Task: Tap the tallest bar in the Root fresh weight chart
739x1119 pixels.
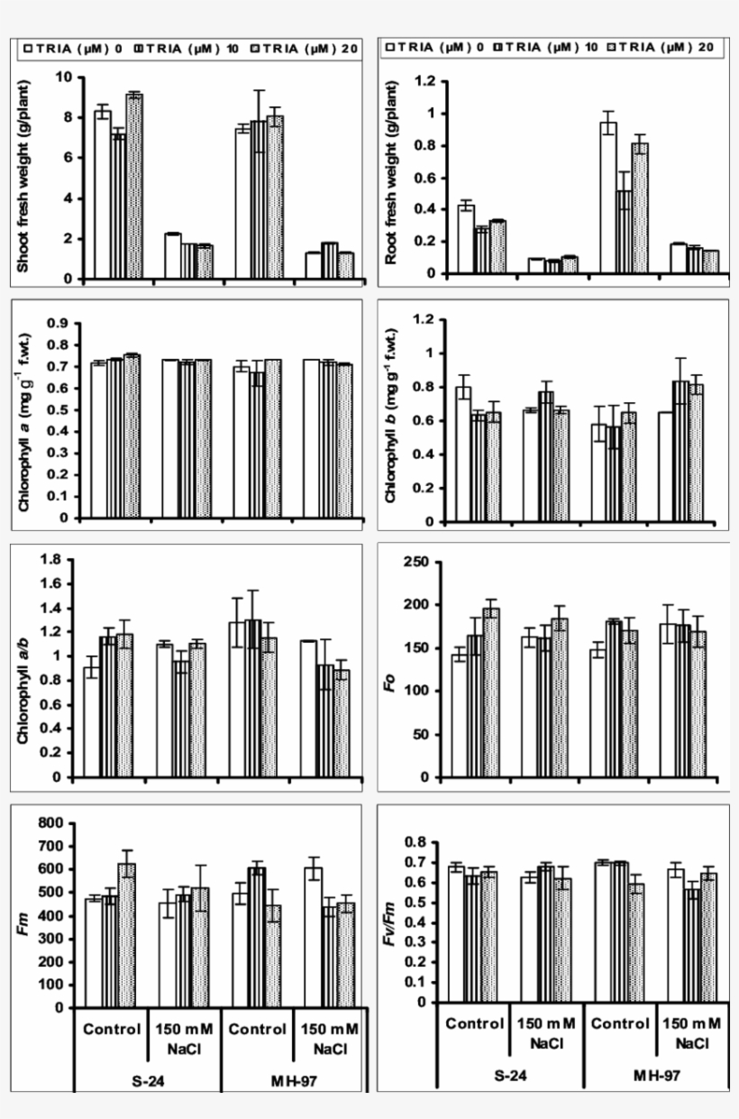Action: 609,197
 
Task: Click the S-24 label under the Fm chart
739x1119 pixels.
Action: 147,1077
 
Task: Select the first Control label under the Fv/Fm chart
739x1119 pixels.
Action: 474,1023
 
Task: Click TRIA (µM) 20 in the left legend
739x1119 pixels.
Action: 304,50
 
